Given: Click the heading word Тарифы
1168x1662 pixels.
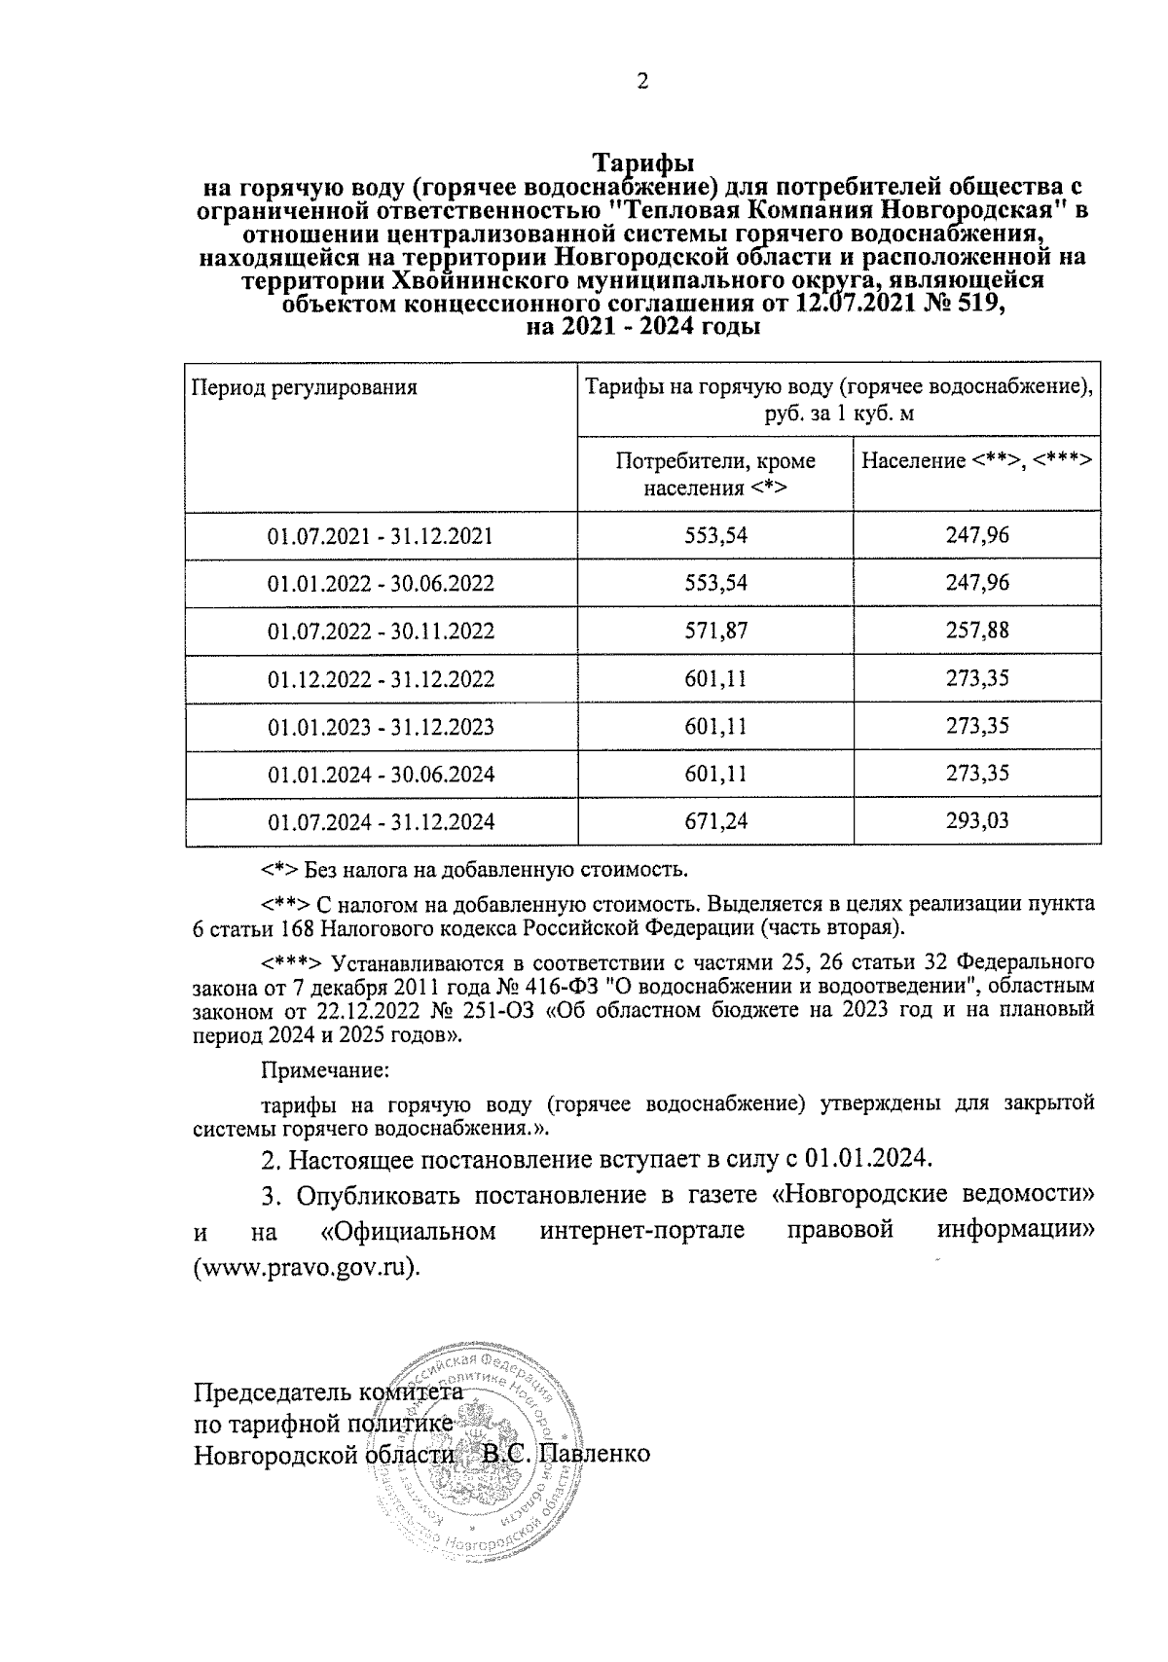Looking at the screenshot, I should [x=642, y=161].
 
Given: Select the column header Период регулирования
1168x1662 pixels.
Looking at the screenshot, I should [x=304, y=387].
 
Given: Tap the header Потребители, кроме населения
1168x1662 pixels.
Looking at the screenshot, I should [x=715, y=473].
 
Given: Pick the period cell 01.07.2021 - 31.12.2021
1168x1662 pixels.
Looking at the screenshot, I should [x=381, y=535].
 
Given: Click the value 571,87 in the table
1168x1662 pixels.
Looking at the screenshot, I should [x=715, y=631].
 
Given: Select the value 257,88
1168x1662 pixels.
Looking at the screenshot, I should [x=977, y=631].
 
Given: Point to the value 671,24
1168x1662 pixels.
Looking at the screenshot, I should [x=715, y=821].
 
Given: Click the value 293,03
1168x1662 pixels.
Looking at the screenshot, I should [x=977, y=821].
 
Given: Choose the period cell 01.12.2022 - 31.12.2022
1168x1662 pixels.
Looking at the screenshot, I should [x=381, y=678].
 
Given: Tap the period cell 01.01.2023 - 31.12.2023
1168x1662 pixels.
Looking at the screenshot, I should [x=381, y=726].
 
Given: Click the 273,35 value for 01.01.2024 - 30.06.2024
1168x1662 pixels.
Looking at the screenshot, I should [x=977, y=774].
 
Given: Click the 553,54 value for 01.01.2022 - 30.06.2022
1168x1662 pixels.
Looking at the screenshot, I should [x=715, y=583].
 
